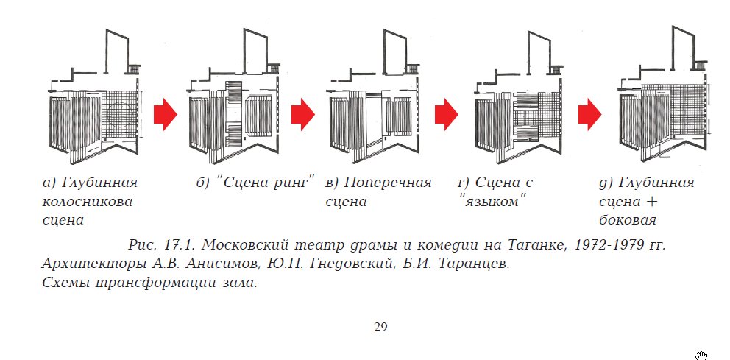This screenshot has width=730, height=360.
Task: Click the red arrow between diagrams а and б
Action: [x=166, y=114]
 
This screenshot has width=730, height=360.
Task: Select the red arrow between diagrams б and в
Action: [x=303, y=114]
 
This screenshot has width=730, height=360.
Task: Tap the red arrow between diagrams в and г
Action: [x=447, y=114]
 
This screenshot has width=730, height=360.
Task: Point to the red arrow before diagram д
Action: [x=590, y=114]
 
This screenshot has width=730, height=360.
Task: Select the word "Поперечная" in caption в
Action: [x=388, y=183]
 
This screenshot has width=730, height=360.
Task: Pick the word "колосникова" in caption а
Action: [x=88, y=202]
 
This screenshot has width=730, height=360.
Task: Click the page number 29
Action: [x=380, y=328]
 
